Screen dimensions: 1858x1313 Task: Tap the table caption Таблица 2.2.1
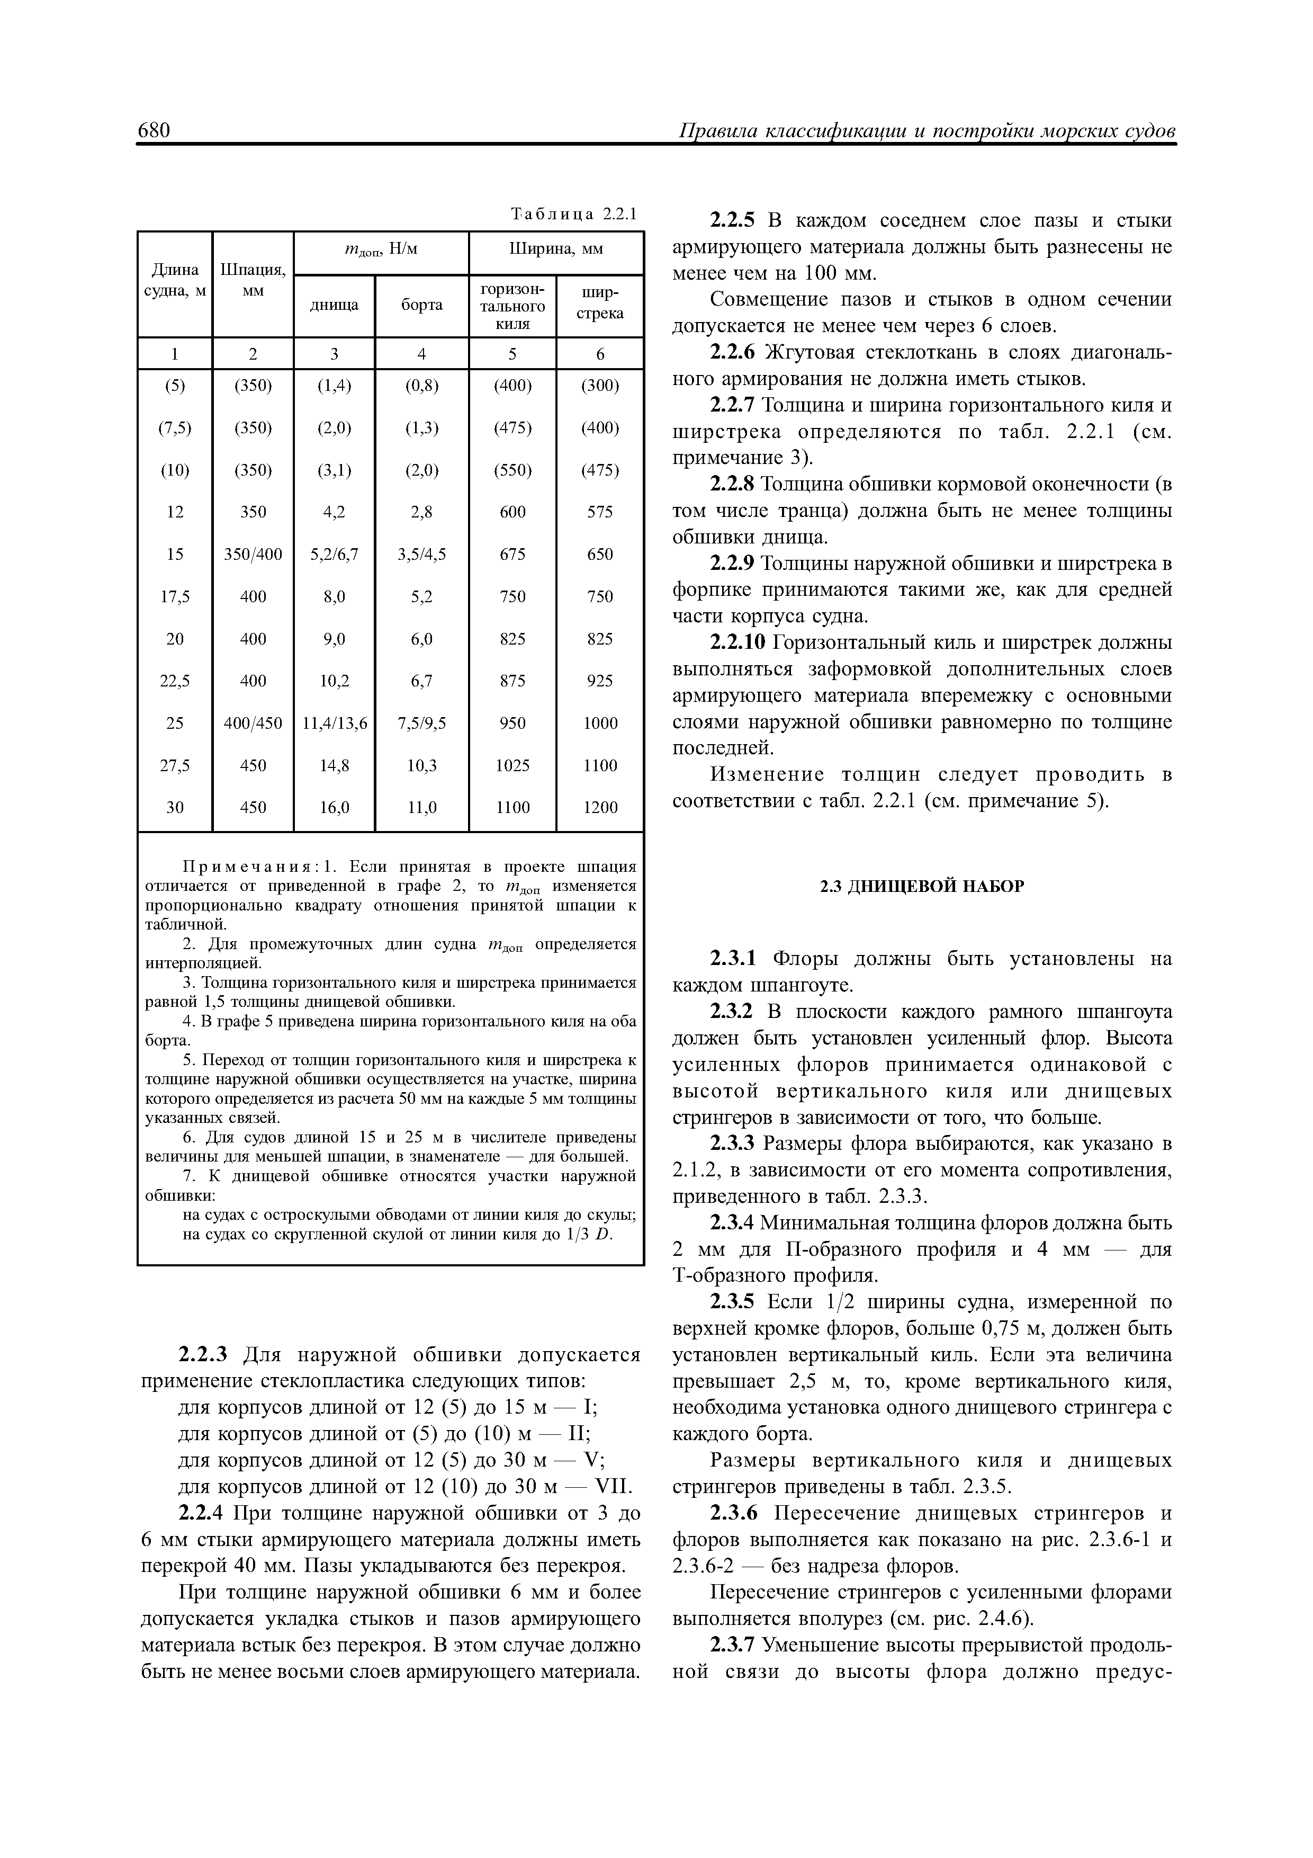coord(574,215)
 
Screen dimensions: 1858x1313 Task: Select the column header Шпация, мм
coord(253,279)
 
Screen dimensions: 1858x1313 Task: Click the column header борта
coord(421,305)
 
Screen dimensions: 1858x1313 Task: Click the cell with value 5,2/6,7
coord(334,555)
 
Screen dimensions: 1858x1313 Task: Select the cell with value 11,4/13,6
coord(334,722)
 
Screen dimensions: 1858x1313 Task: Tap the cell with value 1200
coord(599,807)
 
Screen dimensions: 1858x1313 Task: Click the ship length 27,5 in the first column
coord(175,765)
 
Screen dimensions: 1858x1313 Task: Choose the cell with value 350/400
coord(253,555)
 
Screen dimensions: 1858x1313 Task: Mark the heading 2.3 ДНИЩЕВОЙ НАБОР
coord(922,886)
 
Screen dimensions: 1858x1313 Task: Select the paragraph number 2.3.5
coord(731,1302)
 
